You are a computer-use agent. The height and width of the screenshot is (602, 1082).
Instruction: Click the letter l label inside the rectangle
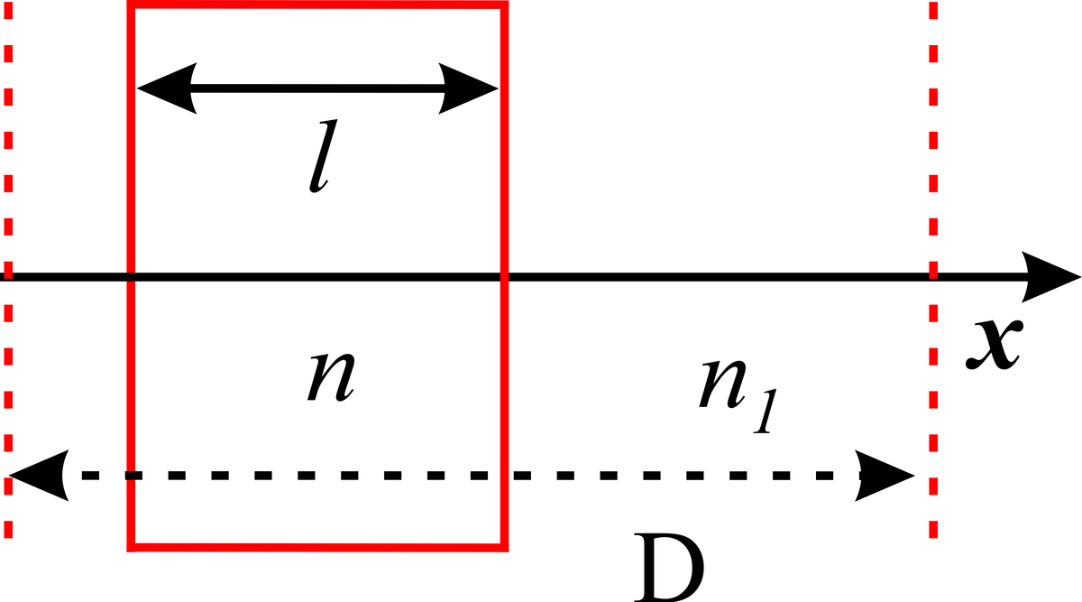316,161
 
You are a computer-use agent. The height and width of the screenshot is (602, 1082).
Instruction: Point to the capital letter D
669,568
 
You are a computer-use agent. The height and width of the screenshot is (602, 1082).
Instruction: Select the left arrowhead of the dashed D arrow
36,475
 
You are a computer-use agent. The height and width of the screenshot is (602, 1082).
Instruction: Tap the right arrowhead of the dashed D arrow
886,475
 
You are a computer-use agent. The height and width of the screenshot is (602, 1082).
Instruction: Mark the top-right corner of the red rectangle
504,5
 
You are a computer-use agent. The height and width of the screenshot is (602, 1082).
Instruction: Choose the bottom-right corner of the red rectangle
504,545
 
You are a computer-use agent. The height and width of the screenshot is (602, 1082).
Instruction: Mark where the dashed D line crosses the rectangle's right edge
504,475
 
